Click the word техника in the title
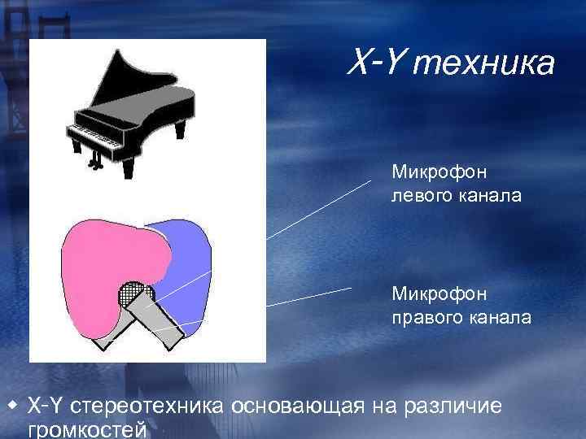[485, 63]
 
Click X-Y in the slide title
[379, 61]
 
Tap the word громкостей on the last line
[86, 429]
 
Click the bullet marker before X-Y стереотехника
[12, 404]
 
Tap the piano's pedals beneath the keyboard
[98, 163]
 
